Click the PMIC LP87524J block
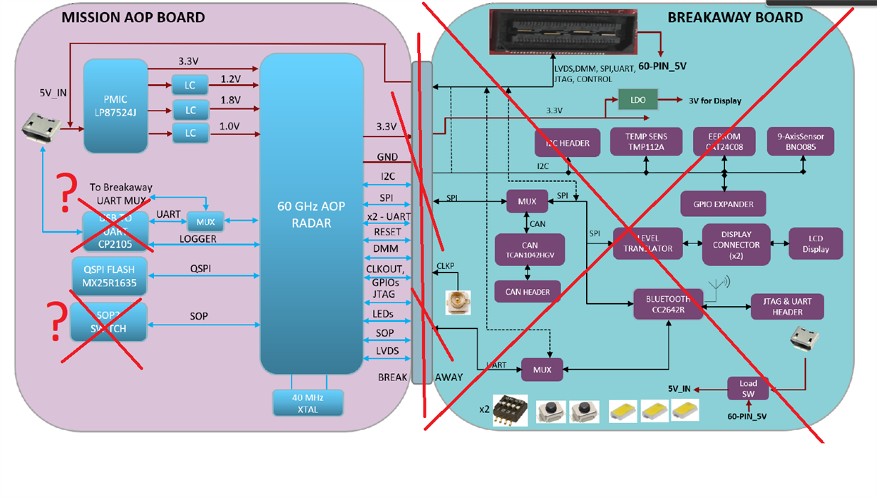coord(116,106)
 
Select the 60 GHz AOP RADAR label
coord(311,214)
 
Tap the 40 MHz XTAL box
coord(308,403)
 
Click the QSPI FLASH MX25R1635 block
coord(109,276)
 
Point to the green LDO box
coord(637,100)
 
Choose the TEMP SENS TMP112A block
coord(645,141)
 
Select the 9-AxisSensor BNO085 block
coord(801,141)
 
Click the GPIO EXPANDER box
coord(723,204)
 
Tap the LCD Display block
coord(816,244)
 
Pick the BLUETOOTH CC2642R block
coord(669,305)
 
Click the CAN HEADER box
coord(528,291)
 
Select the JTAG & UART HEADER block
coord(787,306)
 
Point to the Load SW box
coord(748,388)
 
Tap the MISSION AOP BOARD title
coord(133,17)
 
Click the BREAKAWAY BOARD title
coord(734,17)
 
